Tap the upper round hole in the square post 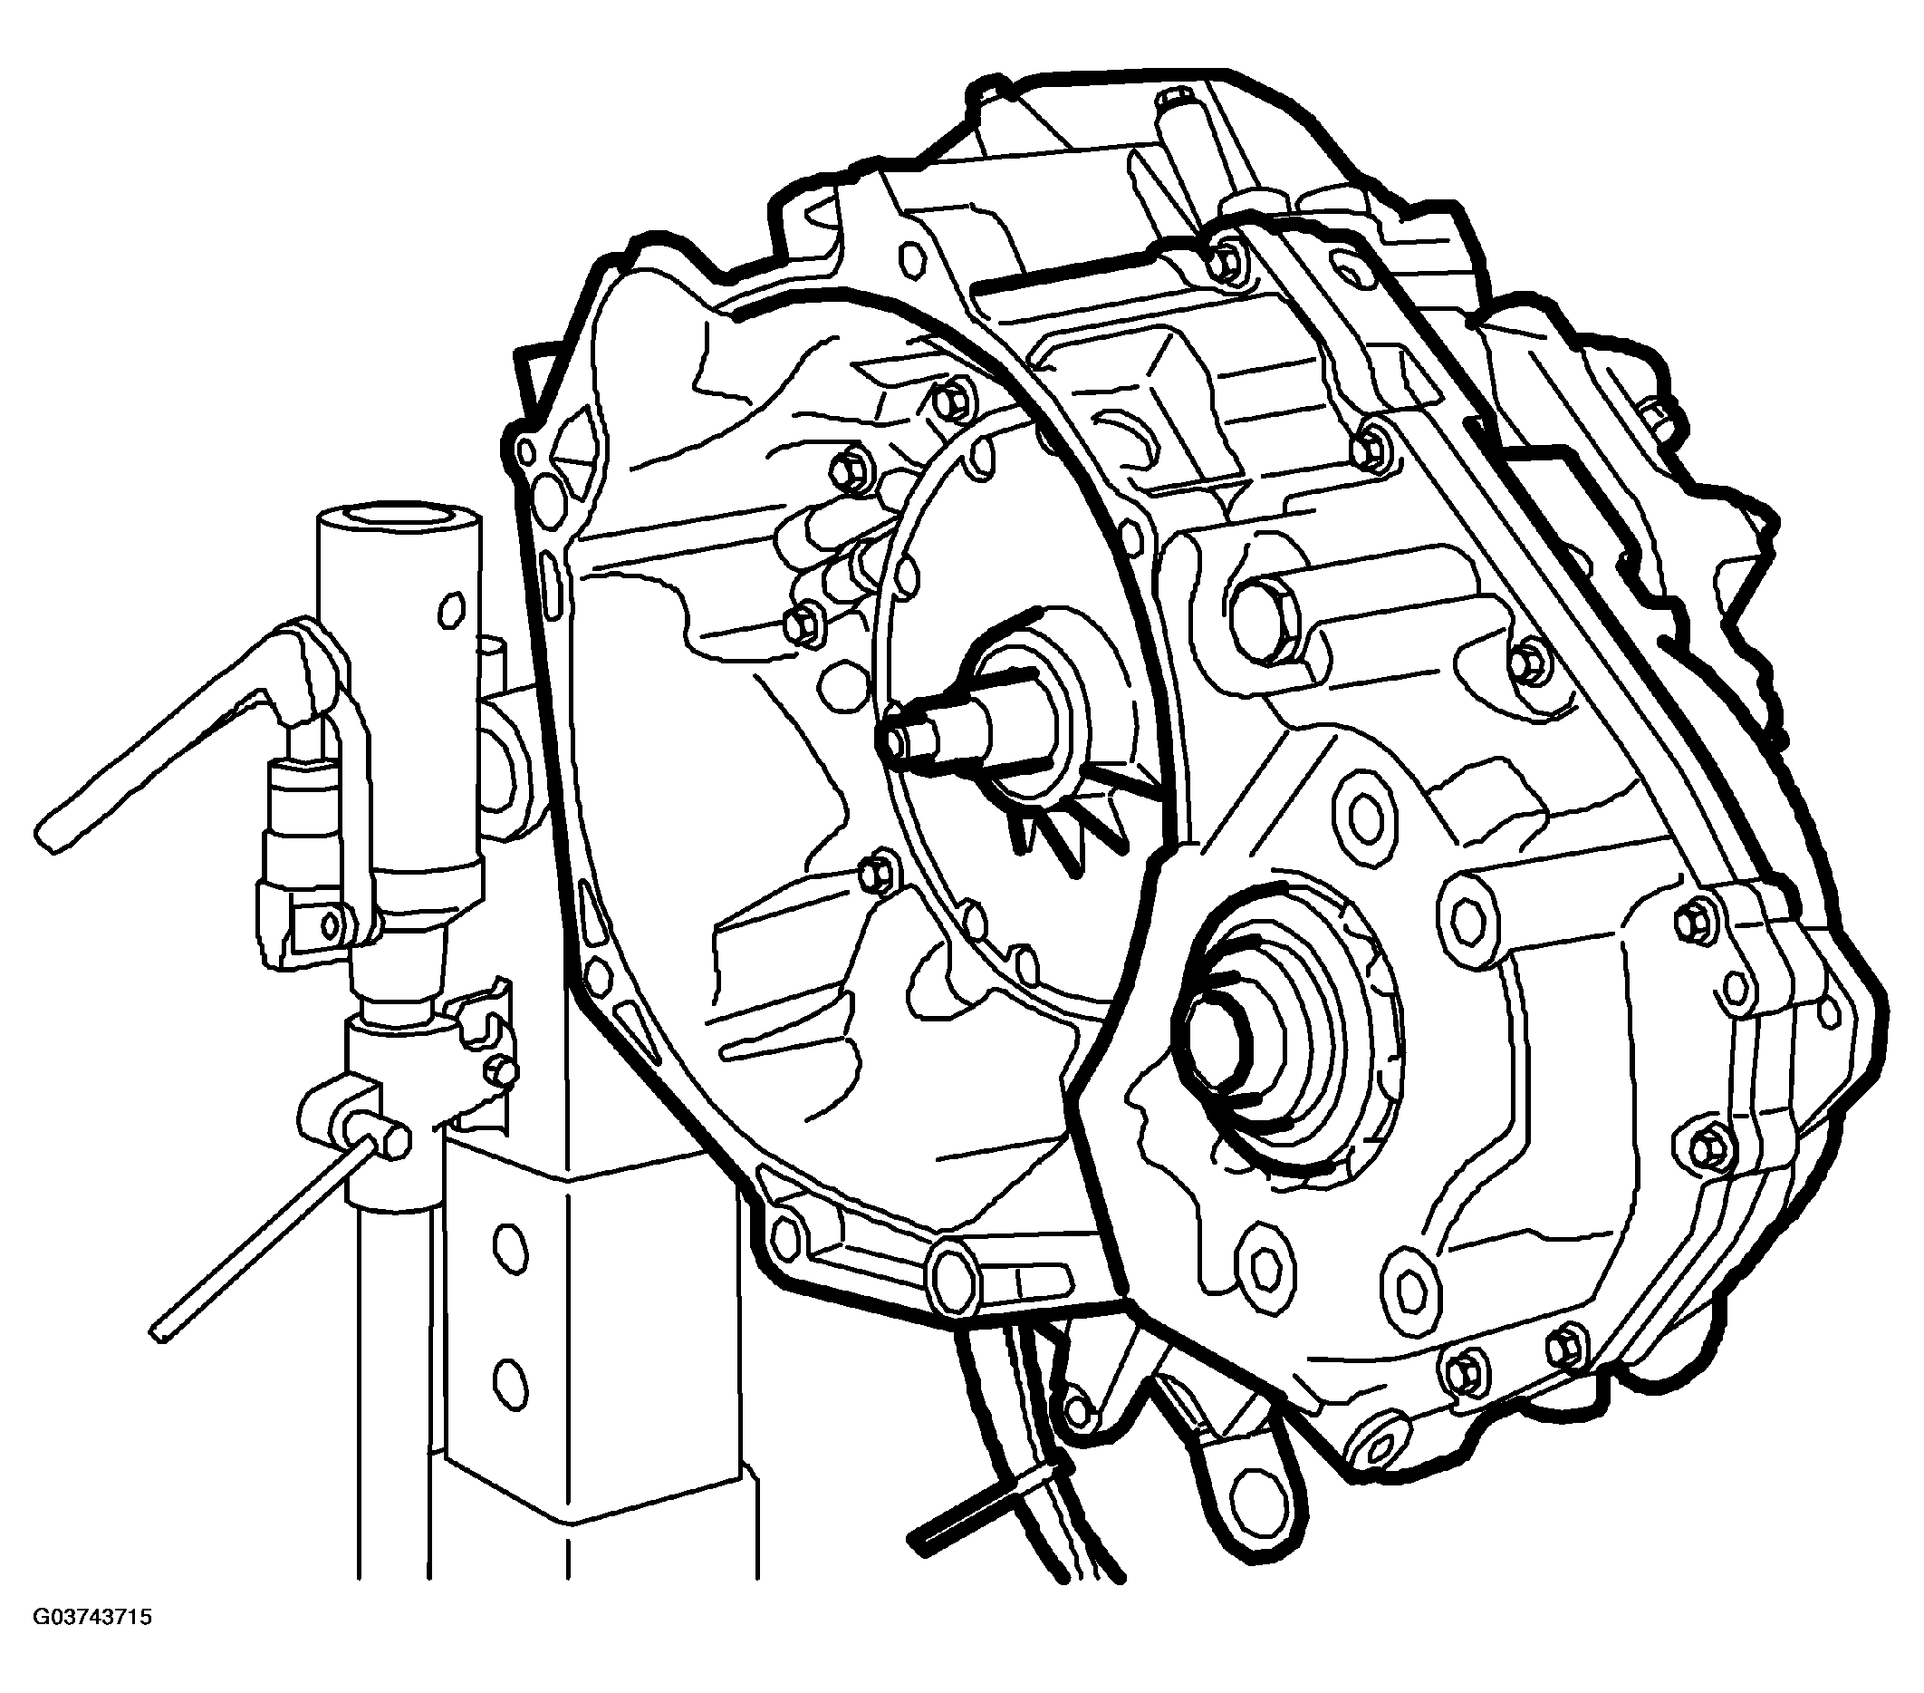pos(508,1248)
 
